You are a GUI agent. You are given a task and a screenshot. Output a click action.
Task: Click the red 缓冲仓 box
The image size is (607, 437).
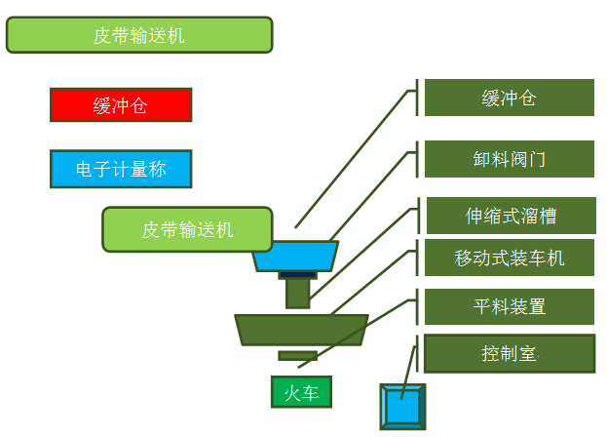[121, 105]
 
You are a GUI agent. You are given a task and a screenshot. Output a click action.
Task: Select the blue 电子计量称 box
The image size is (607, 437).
[121, 169]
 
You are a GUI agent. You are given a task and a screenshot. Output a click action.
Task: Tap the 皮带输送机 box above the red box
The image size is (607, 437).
[138, 35]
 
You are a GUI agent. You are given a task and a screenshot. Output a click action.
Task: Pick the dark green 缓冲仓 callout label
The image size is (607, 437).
[509, 98]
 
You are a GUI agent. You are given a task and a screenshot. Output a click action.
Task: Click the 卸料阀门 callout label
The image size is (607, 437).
[509, 159]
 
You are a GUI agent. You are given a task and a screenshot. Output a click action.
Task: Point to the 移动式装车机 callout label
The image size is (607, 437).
[509, 258]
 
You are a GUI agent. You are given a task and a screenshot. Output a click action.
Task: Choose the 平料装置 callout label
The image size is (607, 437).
[509, 306]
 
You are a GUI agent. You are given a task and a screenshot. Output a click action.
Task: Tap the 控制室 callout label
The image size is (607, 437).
[509, 353]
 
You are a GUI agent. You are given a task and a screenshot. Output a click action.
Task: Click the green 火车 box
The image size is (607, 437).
[301, 392]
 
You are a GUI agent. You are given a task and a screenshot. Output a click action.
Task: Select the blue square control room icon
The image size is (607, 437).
[402, 406]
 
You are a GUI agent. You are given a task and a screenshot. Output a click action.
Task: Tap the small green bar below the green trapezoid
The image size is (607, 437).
[297, 355]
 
